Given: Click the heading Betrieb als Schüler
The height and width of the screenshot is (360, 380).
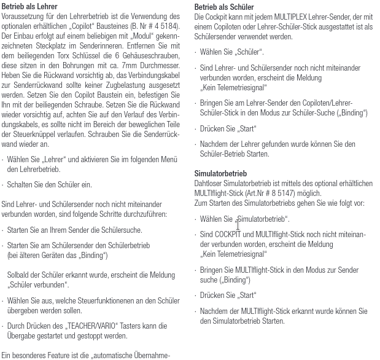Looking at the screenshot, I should pos(224,7).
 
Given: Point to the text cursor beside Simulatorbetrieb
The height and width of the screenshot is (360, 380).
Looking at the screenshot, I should pos(238,225).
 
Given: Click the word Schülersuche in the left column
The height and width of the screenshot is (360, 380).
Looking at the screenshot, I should pos(120,230).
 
